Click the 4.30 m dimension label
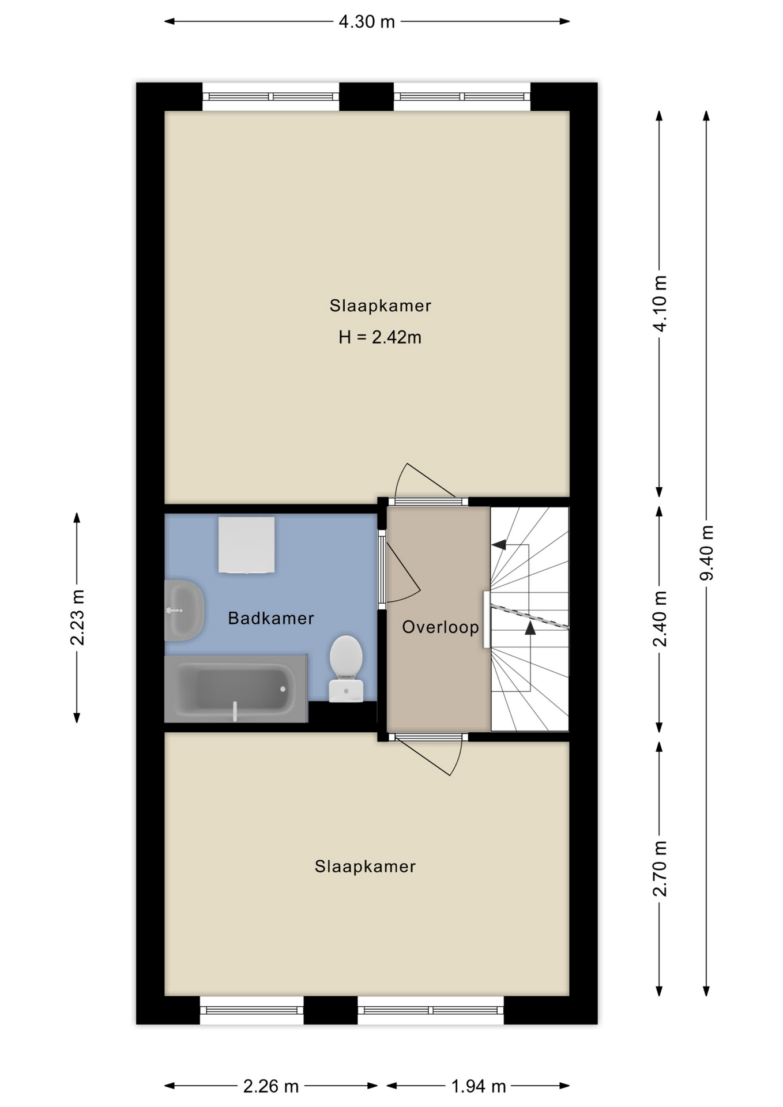tap(367, 22)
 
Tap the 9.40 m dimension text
tap(706, 553)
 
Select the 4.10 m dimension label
tap(660, 304)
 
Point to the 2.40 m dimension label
tap(660, 619)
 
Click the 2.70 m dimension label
tap(660, 868)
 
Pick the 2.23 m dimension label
tap(77, 617)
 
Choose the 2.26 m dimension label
tap(271, 1086)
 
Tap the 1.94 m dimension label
tap(479, 1086)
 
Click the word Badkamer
tap(271, 618)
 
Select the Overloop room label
tap(441, 627)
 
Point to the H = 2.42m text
tap(380, 337)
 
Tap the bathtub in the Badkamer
tap(236, 688)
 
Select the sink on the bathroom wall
tap(184, 610)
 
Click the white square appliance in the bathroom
tap(246, 545)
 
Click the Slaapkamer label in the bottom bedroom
tap(365, 867)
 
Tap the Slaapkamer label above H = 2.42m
tap(380, 306)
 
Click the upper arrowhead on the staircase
tap(499, 544)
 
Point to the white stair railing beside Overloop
tap(487, 619)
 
